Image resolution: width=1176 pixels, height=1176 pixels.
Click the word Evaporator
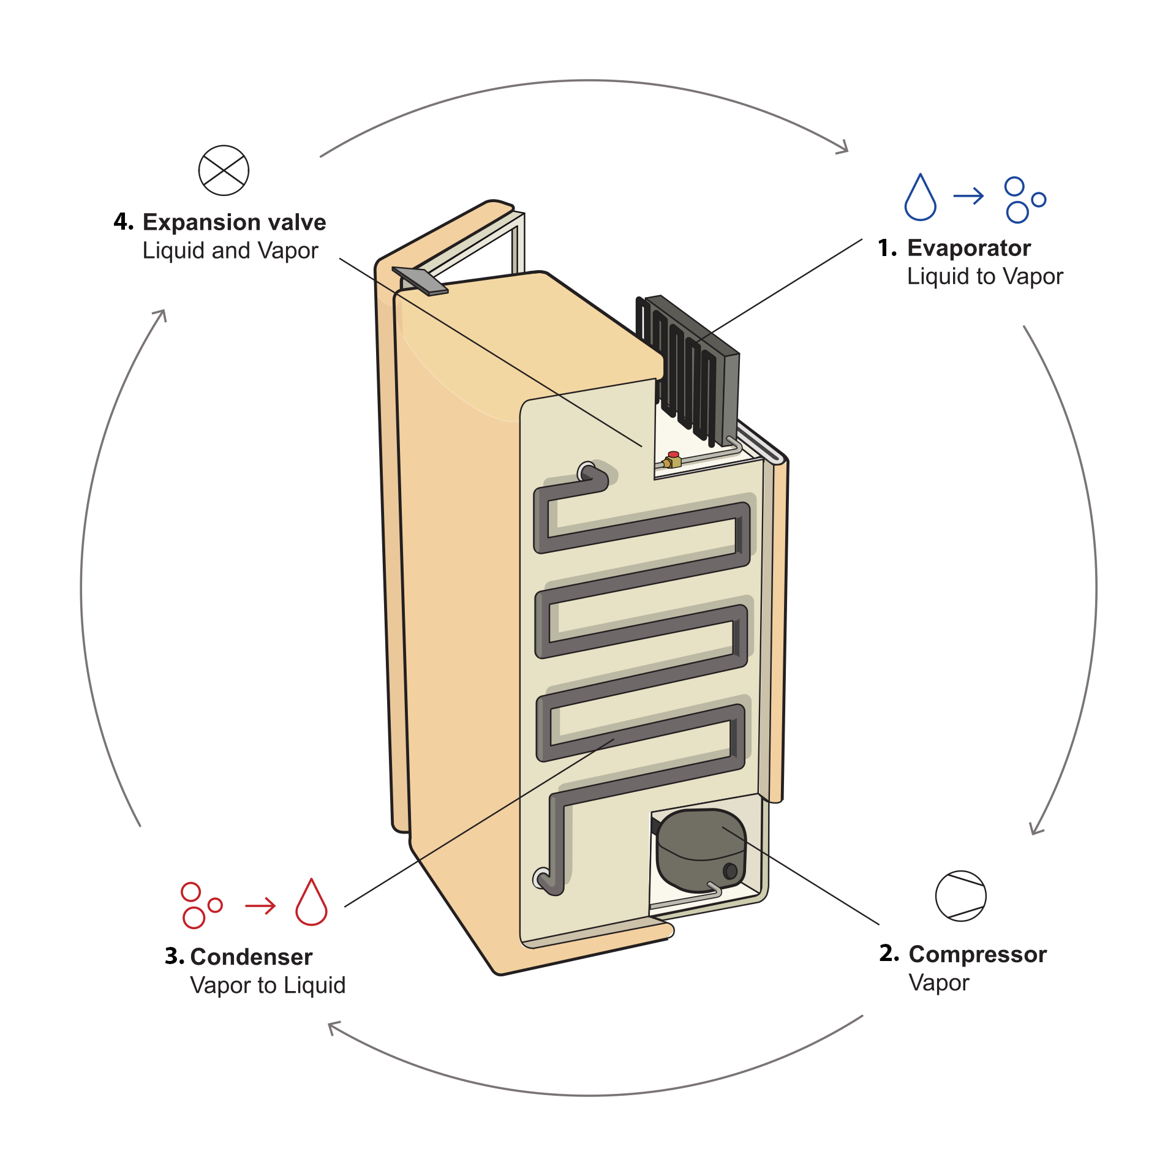(969, 248)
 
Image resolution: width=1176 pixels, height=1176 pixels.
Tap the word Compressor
(978, 954)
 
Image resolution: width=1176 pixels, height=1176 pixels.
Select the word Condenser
(251, 957)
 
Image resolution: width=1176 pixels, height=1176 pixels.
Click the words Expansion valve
(234, 222)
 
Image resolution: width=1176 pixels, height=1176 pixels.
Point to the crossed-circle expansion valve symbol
(224, 170)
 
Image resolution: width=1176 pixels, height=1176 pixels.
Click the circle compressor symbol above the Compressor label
(960, 895)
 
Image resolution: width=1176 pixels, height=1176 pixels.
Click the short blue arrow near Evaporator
(968, 196)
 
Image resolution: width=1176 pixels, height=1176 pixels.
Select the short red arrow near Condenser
(260, 905)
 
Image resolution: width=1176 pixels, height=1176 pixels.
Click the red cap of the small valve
(673, 454)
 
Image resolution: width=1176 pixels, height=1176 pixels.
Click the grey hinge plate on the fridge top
(420, 281)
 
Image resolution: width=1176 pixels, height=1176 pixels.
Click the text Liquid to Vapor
(985, 277)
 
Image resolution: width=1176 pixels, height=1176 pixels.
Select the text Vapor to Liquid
(268, 986)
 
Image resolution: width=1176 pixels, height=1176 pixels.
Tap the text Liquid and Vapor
(230, 251)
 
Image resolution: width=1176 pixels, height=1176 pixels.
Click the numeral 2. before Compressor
(889, 954)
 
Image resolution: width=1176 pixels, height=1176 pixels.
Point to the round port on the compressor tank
(730, 870)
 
